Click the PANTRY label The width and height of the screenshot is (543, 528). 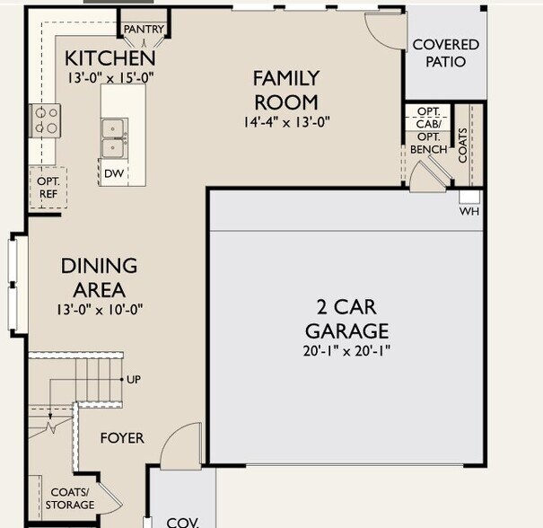tap(144, 29)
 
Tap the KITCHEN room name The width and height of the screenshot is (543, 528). tap(110, 58)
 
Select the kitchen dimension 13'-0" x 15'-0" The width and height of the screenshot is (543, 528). tap(110, 77)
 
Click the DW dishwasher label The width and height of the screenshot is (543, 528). tap(114, 173)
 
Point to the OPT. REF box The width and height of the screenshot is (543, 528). tap(48, 188)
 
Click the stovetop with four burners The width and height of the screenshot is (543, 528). tap(45, 120)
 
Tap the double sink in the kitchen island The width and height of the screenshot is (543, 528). tap(113, 138)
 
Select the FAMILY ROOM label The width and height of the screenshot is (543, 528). tap(286, 90)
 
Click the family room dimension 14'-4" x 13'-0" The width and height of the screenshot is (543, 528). tap(286, 122)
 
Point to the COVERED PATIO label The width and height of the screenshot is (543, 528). tap(446, 53)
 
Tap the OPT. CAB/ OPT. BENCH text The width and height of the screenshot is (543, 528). tap(429, 130)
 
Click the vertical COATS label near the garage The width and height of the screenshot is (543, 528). tap(462, 145)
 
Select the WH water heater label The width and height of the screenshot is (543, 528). tap(469, 211)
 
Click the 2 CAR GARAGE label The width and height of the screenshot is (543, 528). tap(346, 319)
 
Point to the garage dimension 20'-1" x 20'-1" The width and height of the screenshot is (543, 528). tap(346, 351)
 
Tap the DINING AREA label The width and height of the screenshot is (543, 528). tap(99, 277)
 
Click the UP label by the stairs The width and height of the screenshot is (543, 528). tap(134, 380)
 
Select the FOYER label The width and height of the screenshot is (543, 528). tap(122, 438)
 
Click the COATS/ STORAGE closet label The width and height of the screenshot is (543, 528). tap(70, 498)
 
